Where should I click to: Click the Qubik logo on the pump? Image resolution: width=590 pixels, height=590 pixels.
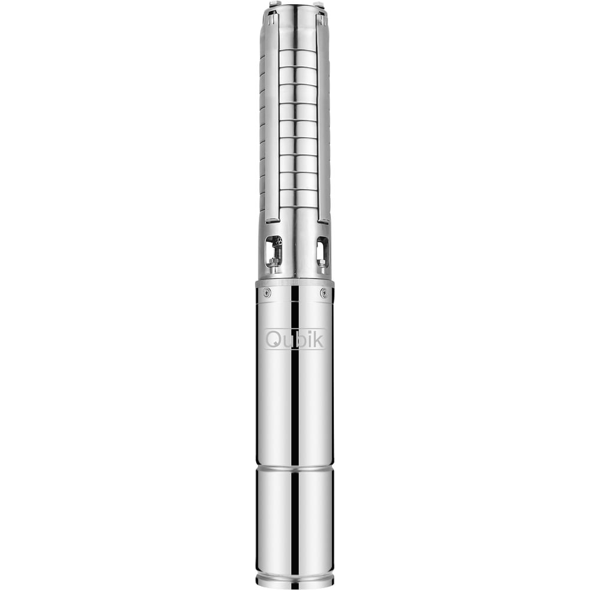294,339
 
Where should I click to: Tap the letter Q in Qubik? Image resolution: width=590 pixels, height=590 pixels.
273,340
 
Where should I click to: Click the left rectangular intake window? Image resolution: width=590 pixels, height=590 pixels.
274,251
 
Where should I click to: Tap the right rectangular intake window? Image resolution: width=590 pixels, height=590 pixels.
322,251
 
